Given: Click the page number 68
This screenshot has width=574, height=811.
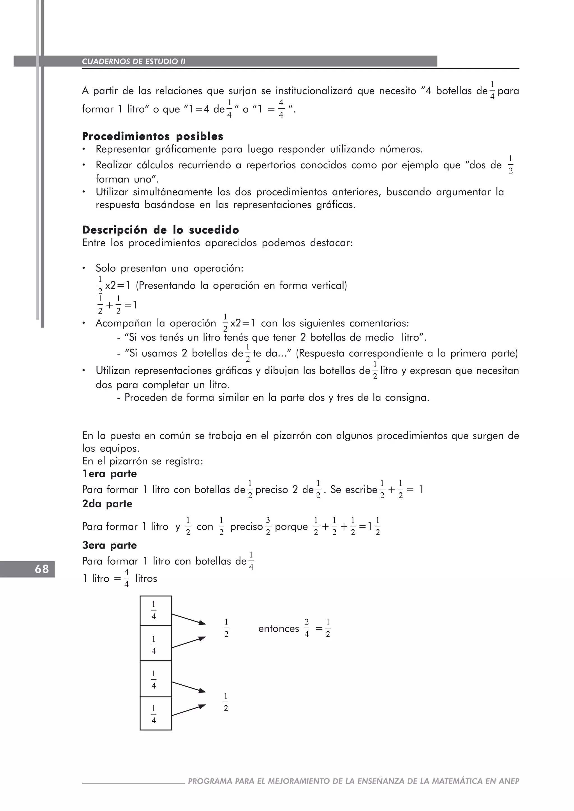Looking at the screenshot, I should pyautogui.click(x=42, y=569).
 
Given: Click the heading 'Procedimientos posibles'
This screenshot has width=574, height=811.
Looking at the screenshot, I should pyautogui.click(x=152, y=136).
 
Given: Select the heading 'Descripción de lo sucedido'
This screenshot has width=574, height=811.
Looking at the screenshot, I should pyautogui.click(x=161, y=230).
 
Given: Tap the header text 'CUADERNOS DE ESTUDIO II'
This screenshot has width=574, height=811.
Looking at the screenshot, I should pyautogui.click(x=134, y=61).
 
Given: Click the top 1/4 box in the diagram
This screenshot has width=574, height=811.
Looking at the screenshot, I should pyautogui.click(x=156, y=611).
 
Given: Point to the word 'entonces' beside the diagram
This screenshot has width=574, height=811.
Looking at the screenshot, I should pyautogui.click(x=279, y=629).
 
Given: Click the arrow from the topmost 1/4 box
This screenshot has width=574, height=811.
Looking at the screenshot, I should pyautogui.click(x=188, y=619).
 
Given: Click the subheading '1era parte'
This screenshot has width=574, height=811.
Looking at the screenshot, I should pyautogui.click(x=109, y=474).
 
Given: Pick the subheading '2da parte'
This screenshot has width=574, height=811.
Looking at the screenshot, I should pyautogui.click(x=107, y=504).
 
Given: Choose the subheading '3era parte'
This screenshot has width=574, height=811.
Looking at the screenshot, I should pyautogui.click(x=109, y=545).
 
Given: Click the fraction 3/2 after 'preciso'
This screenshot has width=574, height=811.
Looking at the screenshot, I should pyautogui.click(x=268, y=526).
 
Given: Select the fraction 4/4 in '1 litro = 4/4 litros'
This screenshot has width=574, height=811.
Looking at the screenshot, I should pyautogui.click(x=126, y=578).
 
